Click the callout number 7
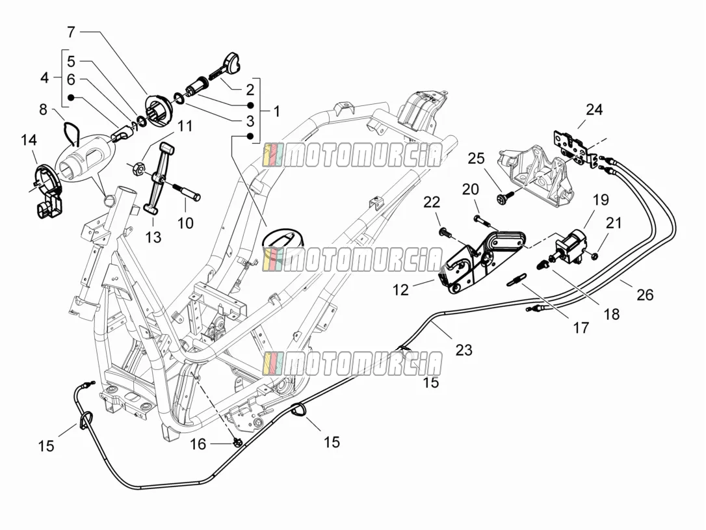(x=71, y=33)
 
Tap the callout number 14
(x=29, y=140)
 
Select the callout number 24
(x=594, y=109)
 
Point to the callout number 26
(x=645, y=295)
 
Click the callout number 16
(x=198, y=444)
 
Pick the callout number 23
(x=464, y=350)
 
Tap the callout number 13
(x=153, y=237)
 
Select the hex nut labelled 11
(x=139, y=169)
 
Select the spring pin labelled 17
(x=516, y=280)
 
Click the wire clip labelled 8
(x=70, y=131)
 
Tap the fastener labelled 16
(x=238, y=443)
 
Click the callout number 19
(x=601, y=200)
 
